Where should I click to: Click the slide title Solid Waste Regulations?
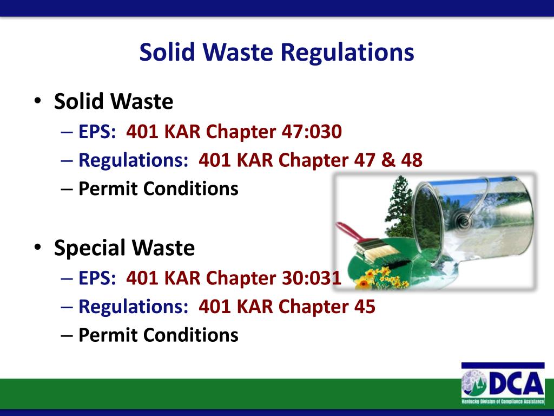click(276, 53)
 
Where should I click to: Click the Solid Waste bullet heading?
click(114, 102)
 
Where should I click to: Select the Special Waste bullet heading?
click(124, 248)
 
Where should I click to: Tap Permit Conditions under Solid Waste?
click(158, 189)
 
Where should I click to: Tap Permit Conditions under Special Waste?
click(158, 335)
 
